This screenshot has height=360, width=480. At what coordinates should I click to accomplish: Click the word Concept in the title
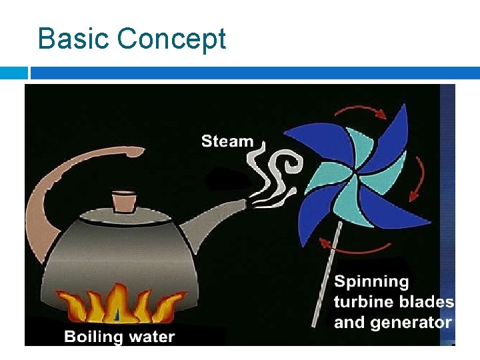click(x=171, y=40)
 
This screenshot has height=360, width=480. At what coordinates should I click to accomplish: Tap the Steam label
click(x=227, y=141)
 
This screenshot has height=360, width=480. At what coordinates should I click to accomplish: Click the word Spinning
click(x=371, y=282)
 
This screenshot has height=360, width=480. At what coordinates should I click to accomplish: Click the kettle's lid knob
click(x=124, y=199)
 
